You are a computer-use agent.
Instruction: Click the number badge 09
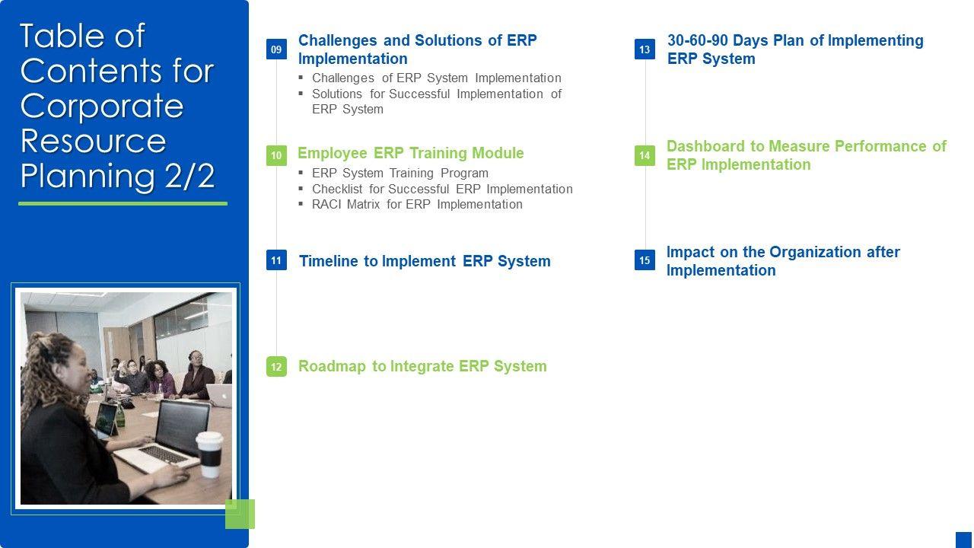[276, 49]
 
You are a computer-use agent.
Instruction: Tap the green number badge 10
[276, 155]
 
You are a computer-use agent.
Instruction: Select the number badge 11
[276, 260]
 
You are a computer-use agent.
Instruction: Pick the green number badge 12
[276, 366]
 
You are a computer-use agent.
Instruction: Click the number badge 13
[645, 49]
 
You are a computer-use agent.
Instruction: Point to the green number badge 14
[645, 155]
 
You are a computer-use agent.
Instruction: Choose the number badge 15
[645, 260]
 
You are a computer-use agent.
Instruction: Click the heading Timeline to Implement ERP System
[425, 261]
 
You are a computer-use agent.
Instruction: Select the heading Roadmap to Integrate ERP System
[422, 366]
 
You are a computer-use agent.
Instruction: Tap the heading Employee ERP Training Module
[411, 153]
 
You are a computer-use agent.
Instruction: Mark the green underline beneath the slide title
[123, 203]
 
